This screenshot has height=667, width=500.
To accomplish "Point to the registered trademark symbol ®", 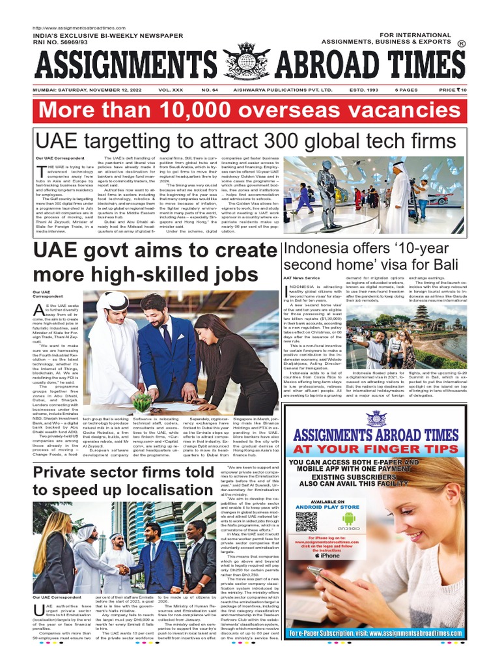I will (x=461, y=44).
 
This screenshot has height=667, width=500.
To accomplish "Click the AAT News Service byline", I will (x=300, y=278).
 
